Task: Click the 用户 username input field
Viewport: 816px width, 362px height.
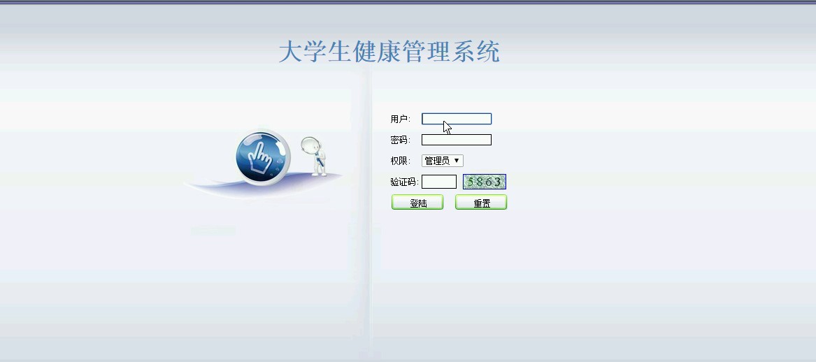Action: pos(457,119)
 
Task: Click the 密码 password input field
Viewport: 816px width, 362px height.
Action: pos(457,140)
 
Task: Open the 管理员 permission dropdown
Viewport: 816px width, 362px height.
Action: pos(443,161)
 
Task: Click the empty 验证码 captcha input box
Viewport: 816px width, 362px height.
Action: pos(438,182)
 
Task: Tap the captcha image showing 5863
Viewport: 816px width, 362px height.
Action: pos(485,182)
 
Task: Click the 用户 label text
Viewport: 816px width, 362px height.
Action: pos(399,119)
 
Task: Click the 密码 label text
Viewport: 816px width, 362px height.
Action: pos(399,140)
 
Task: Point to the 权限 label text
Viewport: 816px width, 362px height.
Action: pos(399,161)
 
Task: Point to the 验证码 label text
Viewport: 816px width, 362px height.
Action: pos(403,182)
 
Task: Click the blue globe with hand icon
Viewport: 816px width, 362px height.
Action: pos(262,156)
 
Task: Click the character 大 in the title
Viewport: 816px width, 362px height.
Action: pos(290,52)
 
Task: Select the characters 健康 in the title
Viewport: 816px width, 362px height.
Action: pos(377,52)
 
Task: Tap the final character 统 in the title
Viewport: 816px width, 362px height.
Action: pos(488,52)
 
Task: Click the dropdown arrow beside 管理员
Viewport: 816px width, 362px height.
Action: pos(457,161)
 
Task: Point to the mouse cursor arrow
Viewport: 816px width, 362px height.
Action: pos(447,127)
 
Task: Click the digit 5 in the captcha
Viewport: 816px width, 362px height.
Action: pos(471,182)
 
